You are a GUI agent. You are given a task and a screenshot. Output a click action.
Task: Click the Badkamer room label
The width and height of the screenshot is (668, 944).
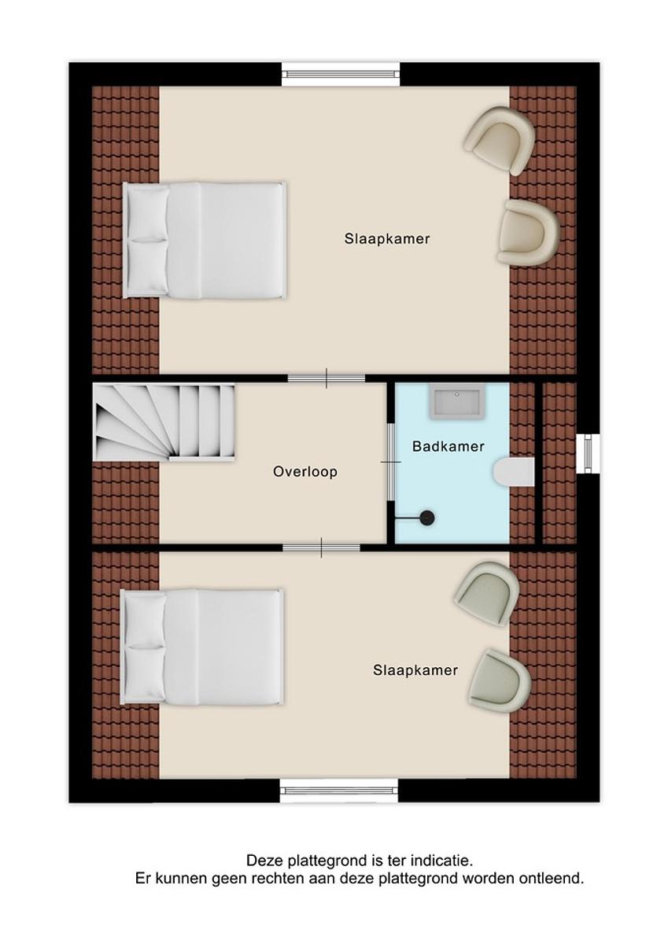(448, 446)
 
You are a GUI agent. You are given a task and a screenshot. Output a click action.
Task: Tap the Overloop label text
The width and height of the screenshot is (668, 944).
(305, 471)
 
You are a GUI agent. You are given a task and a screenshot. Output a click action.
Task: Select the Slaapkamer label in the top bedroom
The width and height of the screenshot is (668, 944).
(387, 239)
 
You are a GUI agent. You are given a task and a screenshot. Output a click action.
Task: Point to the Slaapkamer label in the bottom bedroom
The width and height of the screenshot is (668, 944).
(415, 670)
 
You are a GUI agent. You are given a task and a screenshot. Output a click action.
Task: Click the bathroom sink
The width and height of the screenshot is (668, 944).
(457, 404)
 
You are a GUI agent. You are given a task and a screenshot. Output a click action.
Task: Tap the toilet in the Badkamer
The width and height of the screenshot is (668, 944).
(513, 472)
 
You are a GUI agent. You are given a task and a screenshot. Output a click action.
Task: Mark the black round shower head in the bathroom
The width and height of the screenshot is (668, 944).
(427, 518)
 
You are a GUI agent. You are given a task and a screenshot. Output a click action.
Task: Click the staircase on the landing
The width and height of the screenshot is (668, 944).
(164, 422)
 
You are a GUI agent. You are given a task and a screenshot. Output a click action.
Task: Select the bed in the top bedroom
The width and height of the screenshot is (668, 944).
(205, 240)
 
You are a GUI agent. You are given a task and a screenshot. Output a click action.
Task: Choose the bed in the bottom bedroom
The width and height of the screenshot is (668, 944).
(202, 647)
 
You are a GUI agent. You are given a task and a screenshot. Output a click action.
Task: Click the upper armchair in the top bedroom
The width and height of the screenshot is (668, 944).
(500, 141)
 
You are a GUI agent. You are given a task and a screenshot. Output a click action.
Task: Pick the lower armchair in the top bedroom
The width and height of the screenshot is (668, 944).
(528, 232)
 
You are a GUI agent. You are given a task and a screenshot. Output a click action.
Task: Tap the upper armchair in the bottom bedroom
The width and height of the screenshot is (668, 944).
(487, 594)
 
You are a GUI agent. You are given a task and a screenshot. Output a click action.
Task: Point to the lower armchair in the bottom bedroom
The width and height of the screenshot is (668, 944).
(500, 681)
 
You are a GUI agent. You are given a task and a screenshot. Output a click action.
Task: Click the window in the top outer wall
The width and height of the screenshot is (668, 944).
(341, 74)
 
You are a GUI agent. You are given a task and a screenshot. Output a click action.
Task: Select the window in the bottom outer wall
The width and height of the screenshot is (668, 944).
(339, 791)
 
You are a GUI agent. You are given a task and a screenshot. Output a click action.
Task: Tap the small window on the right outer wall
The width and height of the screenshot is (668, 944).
(588, 453)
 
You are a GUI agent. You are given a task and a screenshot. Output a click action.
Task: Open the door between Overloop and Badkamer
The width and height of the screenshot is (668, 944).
(391, 462)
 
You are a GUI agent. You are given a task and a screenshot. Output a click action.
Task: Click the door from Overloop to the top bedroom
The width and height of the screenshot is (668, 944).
(327, 378)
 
